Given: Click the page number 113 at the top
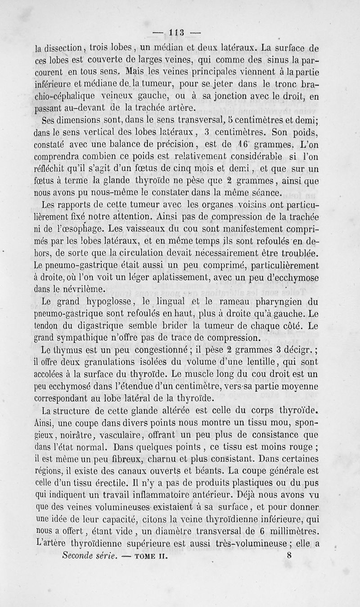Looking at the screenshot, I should pyautogui.click(x=175, y=32).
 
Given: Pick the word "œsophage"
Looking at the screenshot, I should pyautogui.click(x=75, y=230).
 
